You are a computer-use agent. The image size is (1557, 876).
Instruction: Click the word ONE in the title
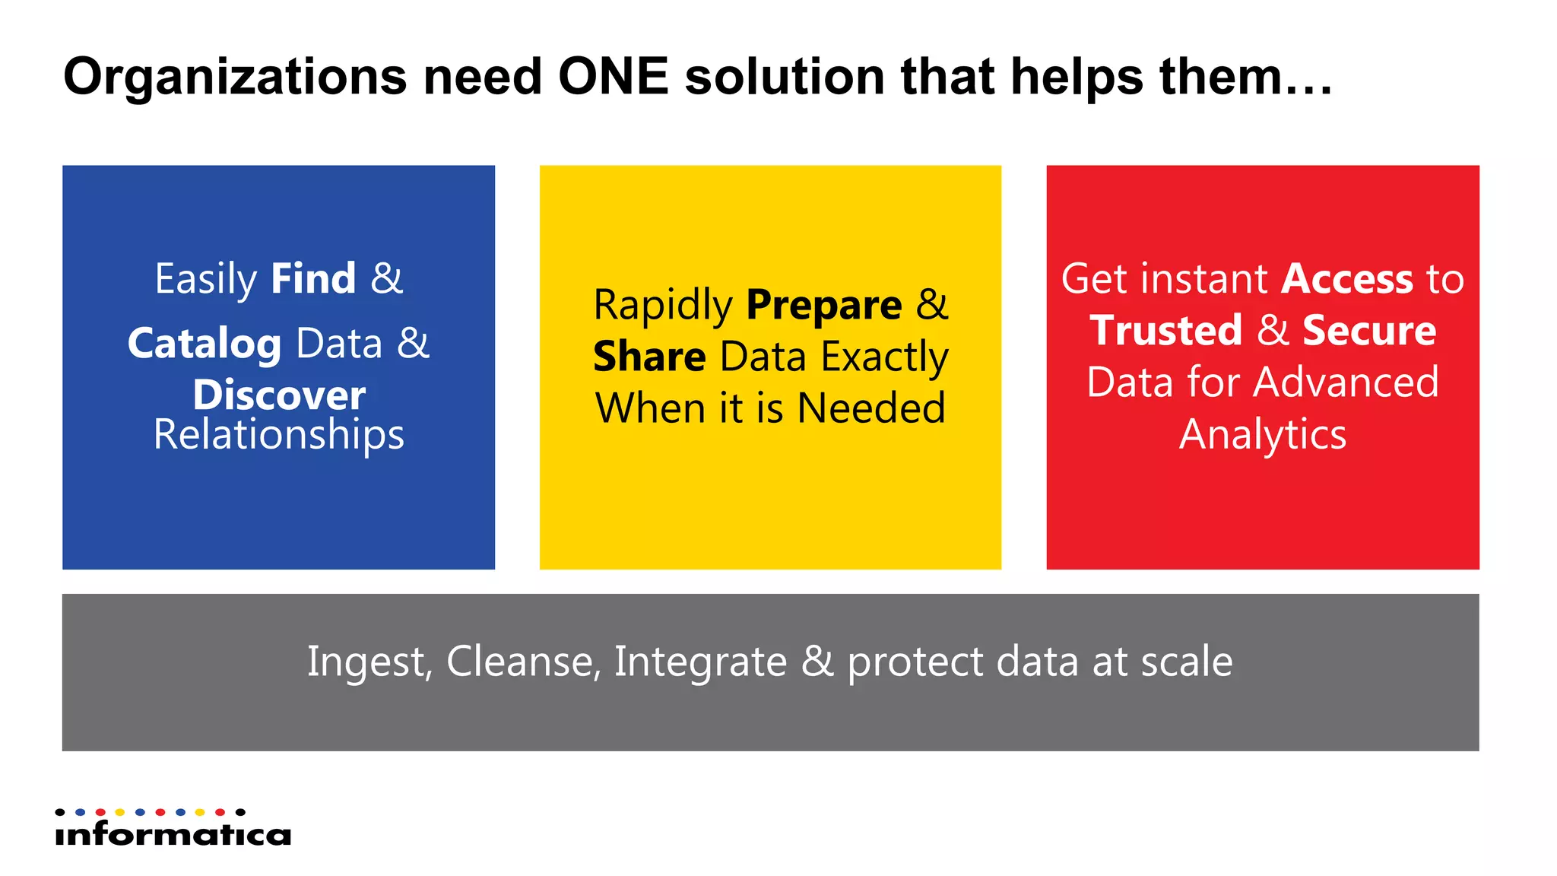click(x=613, y=77)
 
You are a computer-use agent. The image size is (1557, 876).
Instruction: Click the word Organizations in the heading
click(x=235, y=78)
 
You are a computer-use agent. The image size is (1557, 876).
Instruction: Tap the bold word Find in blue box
click(x=313, y=278)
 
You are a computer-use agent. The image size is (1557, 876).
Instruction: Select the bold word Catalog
click(x=204, y=344)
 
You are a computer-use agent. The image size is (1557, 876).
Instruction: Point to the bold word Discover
click(x=279, y=395)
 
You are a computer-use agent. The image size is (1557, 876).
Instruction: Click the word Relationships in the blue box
click(x=278, y=435)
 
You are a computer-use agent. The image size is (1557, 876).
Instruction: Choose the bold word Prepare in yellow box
click(x=824, y=306)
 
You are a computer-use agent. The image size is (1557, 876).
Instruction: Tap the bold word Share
click(x=649, y=357)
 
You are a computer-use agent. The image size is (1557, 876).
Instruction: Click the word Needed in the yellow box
click(x=871, y=408)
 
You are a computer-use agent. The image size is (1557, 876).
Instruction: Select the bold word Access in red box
click(x=1346, y=279)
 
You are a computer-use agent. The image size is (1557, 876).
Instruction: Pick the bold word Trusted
click(x=1165, y=331)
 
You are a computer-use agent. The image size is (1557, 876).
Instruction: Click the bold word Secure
click(x=1369, y=331)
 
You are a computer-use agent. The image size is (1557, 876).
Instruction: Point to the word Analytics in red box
click(x=1263, y=434)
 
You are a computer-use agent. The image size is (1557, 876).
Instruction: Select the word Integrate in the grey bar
click(x=700, y=662)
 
